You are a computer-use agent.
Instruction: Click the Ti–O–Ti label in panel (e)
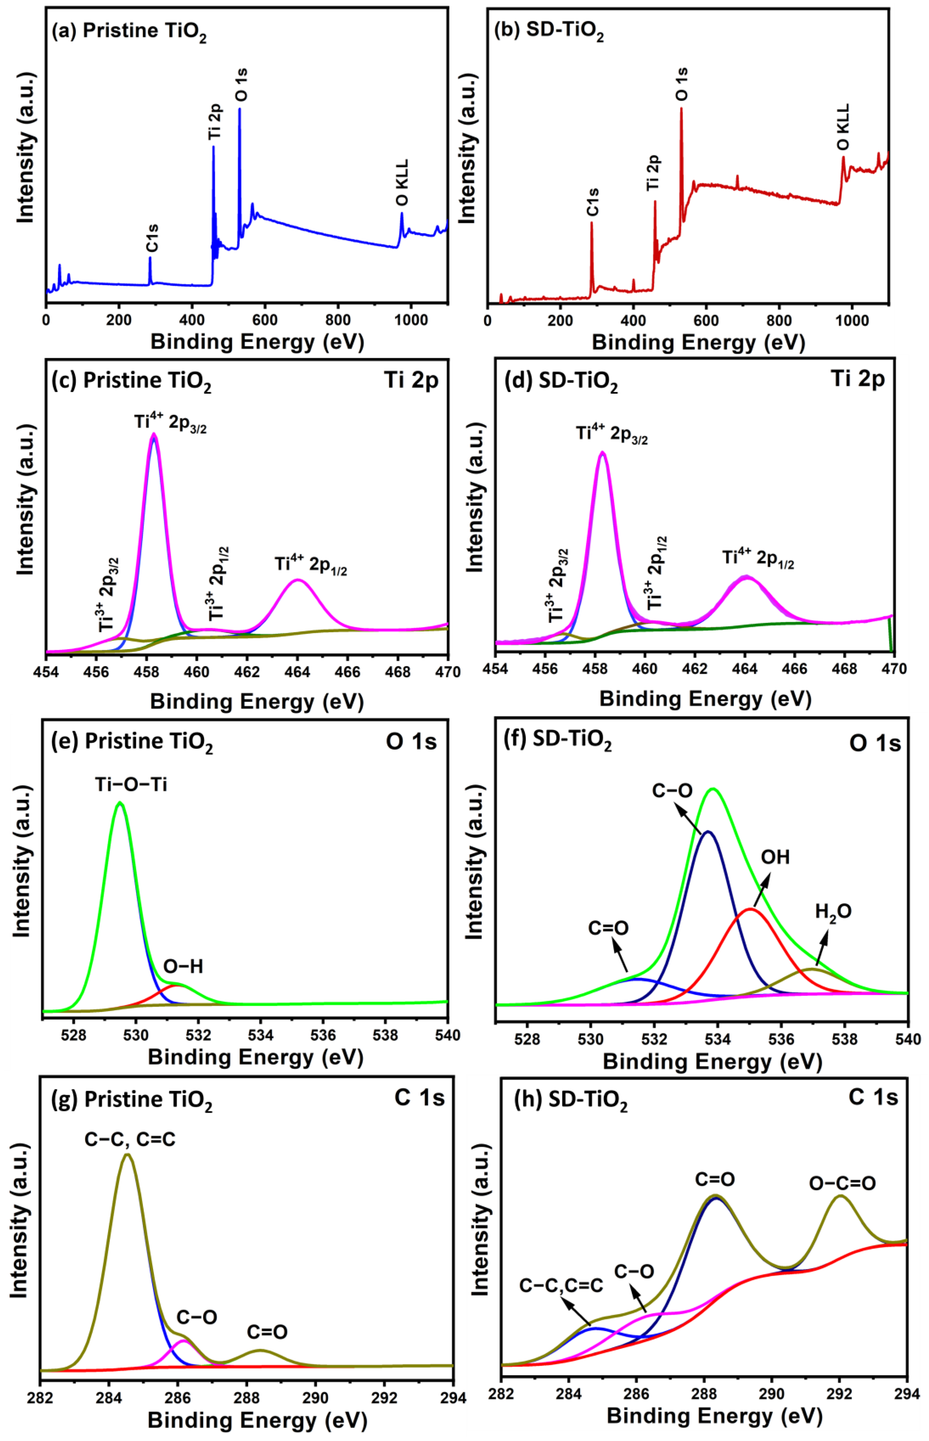coord(131,784)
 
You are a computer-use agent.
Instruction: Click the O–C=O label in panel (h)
coord(842,1183)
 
